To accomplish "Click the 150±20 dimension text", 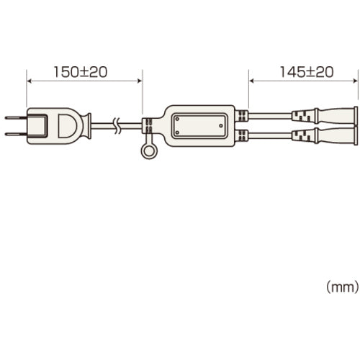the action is click(x=81, y=72).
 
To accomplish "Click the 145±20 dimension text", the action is click(x=307, y=72).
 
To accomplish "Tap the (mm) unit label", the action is click(x=343, y=287).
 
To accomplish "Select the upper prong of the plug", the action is click(x=17, y=118).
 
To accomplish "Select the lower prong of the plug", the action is click(x=17, y=134).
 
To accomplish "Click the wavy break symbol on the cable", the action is click(x=117, y=125).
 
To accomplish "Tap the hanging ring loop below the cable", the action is click(x=149, y=151).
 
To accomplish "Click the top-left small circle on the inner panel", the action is click(x=177, y=119).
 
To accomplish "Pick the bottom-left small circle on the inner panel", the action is click(x=177, y=132).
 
